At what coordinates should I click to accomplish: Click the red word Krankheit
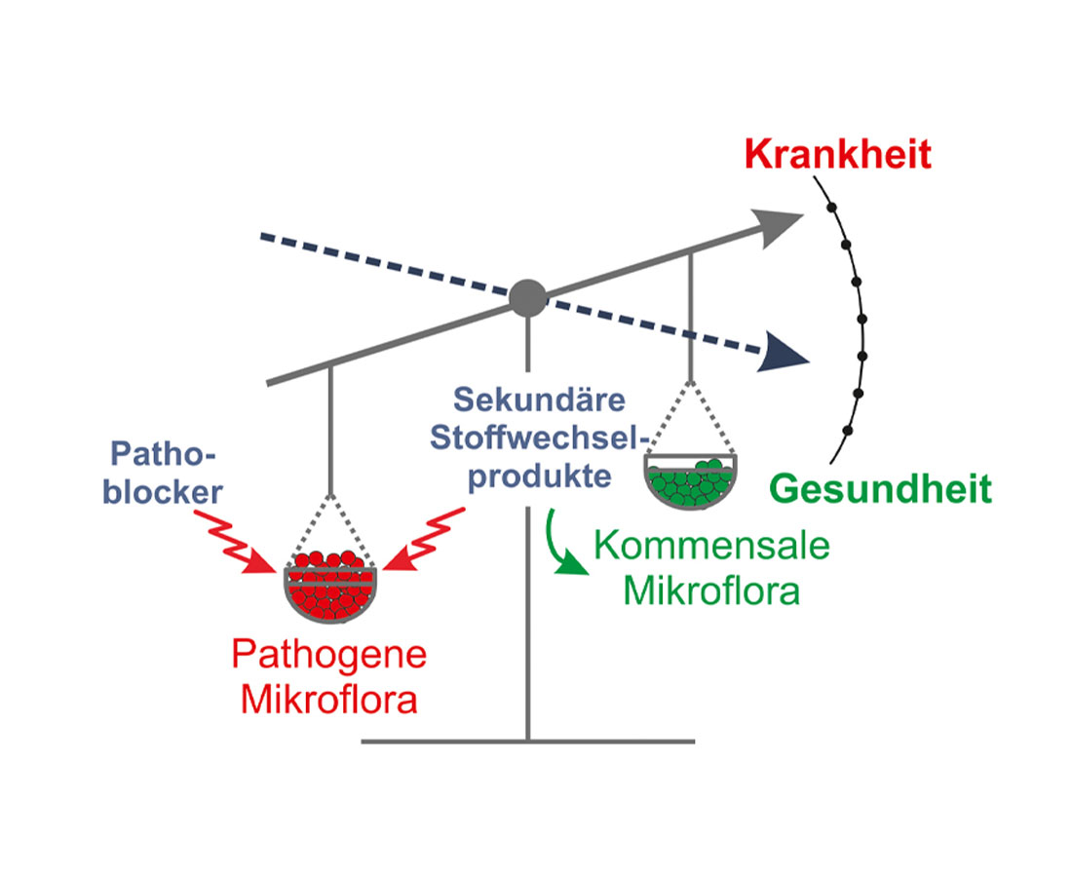837,155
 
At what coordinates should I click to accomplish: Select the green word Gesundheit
881,488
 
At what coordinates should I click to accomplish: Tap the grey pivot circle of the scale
528,296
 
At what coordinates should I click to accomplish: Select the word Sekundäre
527,400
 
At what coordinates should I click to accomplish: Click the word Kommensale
711,546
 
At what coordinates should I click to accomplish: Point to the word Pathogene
329,655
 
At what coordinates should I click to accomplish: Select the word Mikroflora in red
329,701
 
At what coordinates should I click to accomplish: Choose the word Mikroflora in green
711,591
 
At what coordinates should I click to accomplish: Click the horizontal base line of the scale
527,742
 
